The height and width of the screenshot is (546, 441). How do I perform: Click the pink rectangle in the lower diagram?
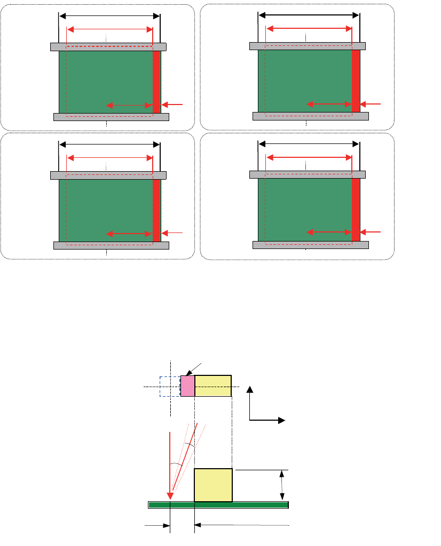[187, 386]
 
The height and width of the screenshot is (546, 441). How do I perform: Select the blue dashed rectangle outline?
[160, 386]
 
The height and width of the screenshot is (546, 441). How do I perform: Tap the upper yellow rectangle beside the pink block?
[212, 386]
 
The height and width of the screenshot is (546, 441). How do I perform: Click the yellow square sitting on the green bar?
[213, 485]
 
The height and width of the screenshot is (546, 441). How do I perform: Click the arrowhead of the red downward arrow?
[170, 496]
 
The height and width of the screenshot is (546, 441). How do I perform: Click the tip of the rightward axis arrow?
[283, 420]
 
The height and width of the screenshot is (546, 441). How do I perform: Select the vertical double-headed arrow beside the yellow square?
[282, 485]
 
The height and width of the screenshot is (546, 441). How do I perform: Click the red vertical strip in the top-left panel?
[156, 82]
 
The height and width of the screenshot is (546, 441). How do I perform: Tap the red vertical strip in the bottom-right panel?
[356, 210]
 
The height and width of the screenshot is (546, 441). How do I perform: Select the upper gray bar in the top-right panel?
[308, 46]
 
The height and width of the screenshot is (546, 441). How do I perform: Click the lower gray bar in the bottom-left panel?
[111, 245]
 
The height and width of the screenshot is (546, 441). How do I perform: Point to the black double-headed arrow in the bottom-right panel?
[309, 143]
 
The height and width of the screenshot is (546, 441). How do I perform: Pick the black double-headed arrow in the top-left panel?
[109, 16]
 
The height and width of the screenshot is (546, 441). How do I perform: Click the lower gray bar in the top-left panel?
[111, 117]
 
